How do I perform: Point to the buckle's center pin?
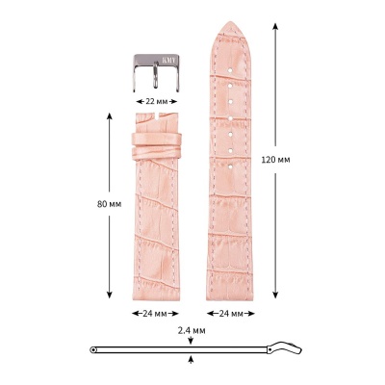(x=154, y=77)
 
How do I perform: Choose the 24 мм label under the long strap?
(x=230, y=313)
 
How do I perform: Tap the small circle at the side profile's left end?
(x=92, y=348)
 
